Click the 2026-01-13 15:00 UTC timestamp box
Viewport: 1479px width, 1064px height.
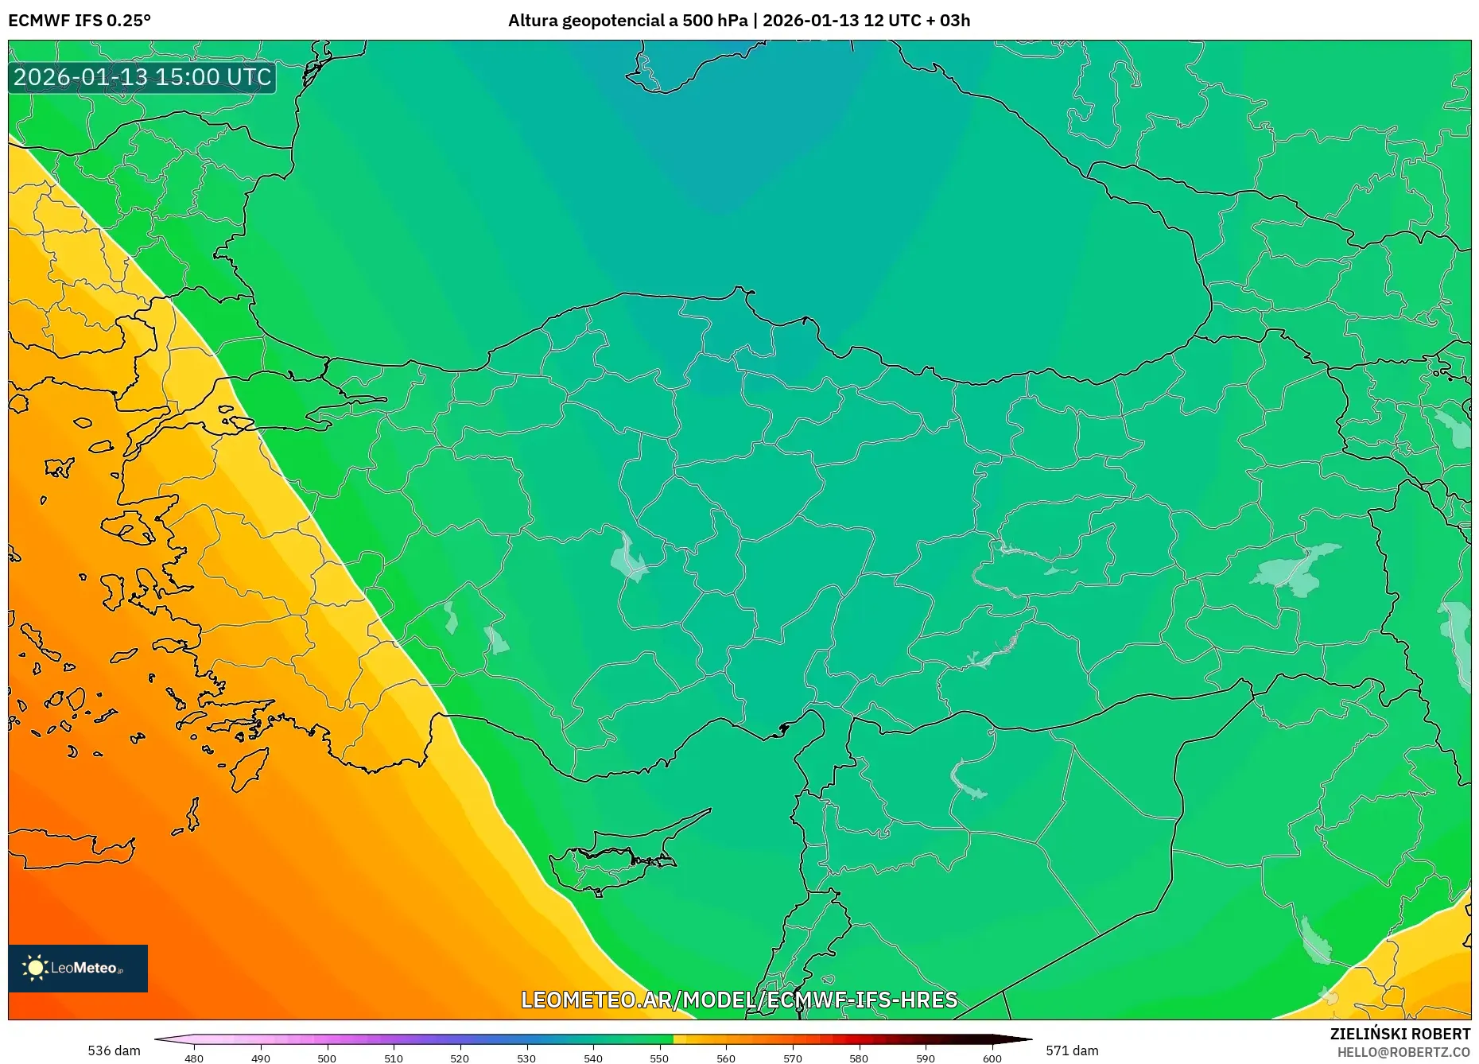[142, 77]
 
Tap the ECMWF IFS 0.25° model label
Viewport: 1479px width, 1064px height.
[80, 20]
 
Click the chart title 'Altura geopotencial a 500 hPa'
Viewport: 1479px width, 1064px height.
[627, 20]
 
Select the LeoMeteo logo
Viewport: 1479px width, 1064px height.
[78, 968]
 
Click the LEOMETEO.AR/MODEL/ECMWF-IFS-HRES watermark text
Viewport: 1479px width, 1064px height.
[739, 1000]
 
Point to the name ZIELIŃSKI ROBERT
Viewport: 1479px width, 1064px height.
[1399, 1034]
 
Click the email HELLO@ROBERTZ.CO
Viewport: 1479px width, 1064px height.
[1403, 1052]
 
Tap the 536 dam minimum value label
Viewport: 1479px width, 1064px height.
[114, 1050]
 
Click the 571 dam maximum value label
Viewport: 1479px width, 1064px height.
[1072, 1050]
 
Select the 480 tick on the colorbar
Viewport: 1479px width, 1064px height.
[194, 1058]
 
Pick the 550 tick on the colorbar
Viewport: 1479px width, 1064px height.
[659, 1058]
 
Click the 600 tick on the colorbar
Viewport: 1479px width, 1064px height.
[992, 1058]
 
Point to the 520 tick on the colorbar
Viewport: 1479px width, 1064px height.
[460, 1058]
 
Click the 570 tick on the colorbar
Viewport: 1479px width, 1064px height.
[792, 1058]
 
